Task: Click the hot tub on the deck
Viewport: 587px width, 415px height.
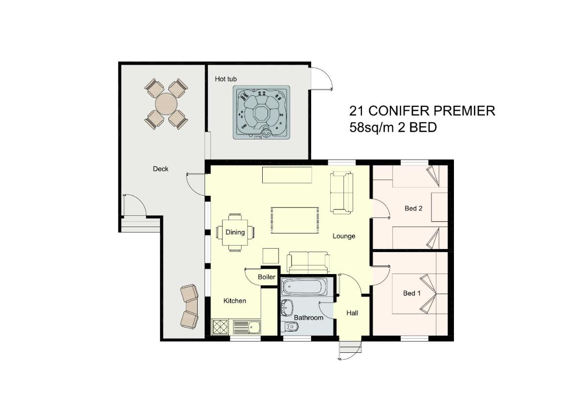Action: (x=262, y=112)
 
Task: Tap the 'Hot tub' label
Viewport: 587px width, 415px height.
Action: (x=226, y=79)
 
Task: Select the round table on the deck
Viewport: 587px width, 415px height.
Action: (x=166, y=104)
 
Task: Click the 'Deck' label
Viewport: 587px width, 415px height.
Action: (x=160, y=169)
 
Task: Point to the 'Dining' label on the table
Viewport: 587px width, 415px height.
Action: (x=235, y=232)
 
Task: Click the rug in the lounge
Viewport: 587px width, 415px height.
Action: (x=295, y=220)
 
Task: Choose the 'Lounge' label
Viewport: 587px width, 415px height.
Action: (x=344, y=236)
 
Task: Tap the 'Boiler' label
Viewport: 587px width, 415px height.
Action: (x=267, y=277)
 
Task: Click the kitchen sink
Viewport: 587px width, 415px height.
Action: (x=247, y=327)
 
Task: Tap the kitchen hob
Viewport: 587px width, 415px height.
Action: (x=220, y=327)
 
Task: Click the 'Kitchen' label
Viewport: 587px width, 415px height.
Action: (x=235, y=300)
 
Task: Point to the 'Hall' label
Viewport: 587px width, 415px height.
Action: (x=352, y=313)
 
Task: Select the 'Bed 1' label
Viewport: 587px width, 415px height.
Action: (x=412, y=293)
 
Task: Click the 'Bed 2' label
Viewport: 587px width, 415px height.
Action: (x=413, y=208)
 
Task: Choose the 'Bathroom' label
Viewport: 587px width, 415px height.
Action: (x=309, y=318)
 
